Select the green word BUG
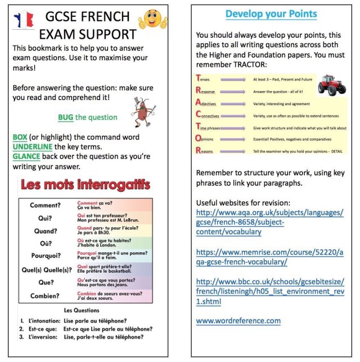(65, 117)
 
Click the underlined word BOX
(21, 137)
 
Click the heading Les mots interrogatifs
(85, 185)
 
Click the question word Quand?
(46, 230)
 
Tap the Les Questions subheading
(83, 310)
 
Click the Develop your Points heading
(272, 13)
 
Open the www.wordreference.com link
(238, 321)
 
